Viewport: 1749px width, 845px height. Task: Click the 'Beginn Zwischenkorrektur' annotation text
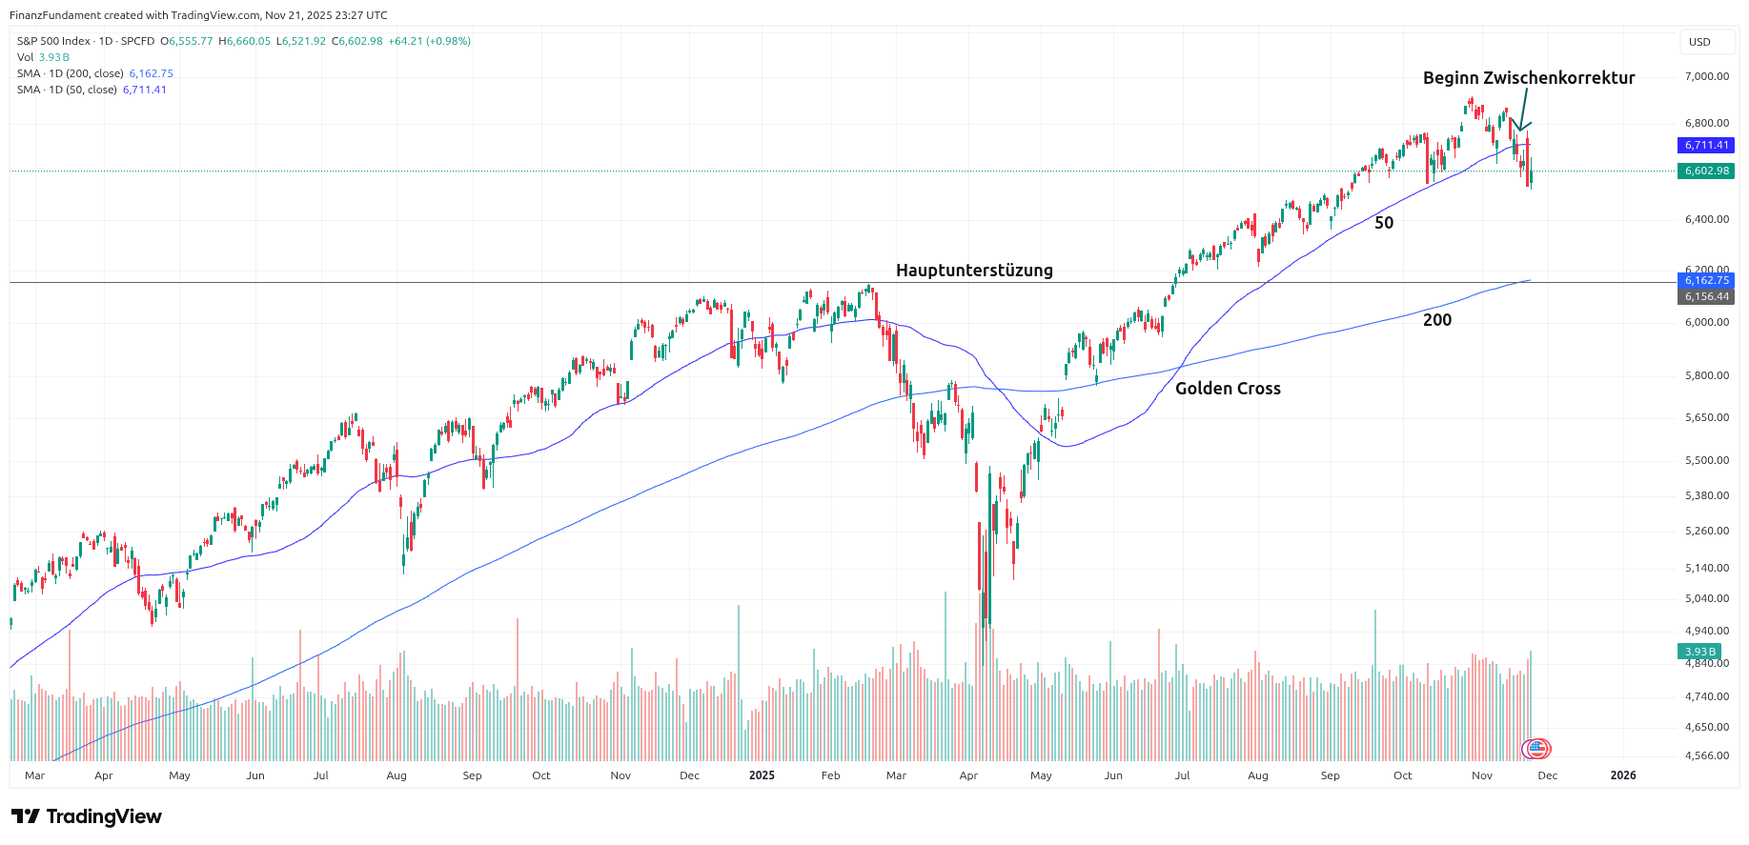1528,78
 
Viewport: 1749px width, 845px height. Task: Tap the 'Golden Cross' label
1228,389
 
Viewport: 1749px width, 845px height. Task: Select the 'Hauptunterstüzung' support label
974,271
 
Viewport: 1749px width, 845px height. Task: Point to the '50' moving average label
1384,223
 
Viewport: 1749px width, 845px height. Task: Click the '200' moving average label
1437,320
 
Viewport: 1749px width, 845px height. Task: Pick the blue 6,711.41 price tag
1706,146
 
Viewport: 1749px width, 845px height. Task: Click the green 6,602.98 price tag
1706,171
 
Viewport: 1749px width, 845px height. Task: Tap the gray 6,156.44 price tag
1706,296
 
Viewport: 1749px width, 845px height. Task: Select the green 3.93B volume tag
1700,652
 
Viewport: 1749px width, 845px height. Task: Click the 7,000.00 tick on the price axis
1706,76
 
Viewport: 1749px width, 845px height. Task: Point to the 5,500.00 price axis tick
1706,460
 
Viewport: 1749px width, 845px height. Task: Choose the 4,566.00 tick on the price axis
1706,755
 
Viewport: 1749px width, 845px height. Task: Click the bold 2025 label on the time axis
762,775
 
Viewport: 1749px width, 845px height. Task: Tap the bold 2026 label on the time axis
1623,775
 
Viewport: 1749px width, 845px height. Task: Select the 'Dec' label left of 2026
1548,775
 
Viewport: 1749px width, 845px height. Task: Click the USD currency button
1699,42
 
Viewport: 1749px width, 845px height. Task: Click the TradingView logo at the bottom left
87,816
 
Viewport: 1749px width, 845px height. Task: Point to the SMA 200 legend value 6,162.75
152,73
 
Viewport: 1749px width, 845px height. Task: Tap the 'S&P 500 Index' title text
53,41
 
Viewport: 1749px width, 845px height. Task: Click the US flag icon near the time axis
1536,749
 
